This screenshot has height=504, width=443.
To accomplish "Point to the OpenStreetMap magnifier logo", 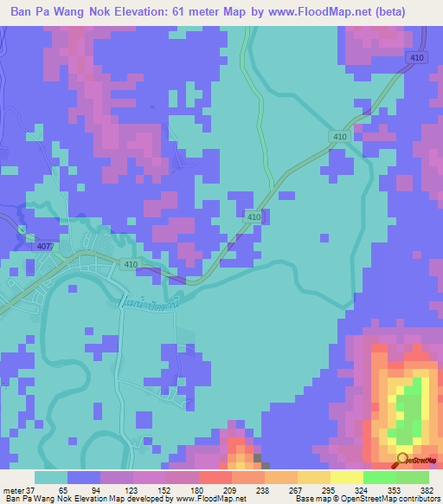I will (403, 460).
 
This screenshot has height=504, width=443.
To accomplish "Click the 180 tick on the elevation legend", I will (198, 489).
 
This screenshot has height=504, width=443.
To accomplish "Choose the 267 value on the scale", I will (296, 489).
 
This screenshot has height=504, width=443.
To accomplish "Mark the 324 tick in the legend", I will (362, 489).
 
